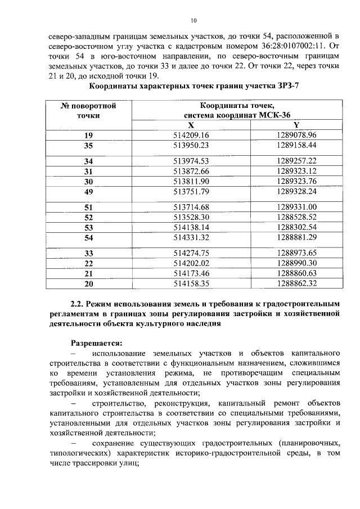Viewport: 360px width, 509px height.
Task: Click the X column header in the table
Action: (x=191, y=125)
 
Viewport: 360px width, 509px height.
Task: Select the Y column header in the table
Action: (x=296, y=125)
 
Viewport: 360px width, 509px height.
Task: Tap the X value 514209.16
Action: (x=191, y=136)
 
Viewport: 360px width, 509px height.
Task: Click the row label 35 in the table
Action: (x=88, y=145)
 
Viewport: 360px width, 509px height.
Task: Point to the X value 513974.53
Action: (x=191, y=161)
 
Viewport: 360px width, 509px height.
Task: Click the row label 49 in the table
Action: (x=88, y=191)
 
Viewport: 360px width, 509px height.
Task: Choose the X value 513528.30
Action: (x=191, y=217)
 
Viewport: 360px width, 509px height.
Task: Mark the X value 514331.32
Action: (x=191, y=237)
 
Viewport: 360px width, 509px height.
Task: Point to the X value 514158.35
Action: (x=191, y=283)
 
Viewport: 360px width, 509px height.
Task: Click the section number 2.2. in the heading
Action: (x=79, y=303)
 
